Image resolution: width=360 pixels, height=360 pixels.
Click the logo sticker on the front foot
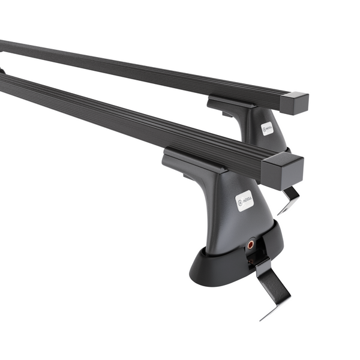tap(244, 200)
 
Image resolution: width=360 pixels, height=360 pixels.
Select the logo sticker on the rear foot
tap(266, 128)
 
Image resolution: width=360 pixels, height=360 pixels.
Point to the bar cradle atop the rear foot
tap(231, 103)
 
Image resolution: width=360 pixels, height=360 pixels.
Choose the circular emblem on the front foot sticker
tap(241, 202)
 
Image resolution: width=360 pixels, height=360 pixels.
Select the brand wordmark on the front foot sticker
tap(247, 199)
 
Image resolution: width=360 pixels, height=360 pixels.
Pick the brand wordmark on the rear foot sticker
tap(269, 127)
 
